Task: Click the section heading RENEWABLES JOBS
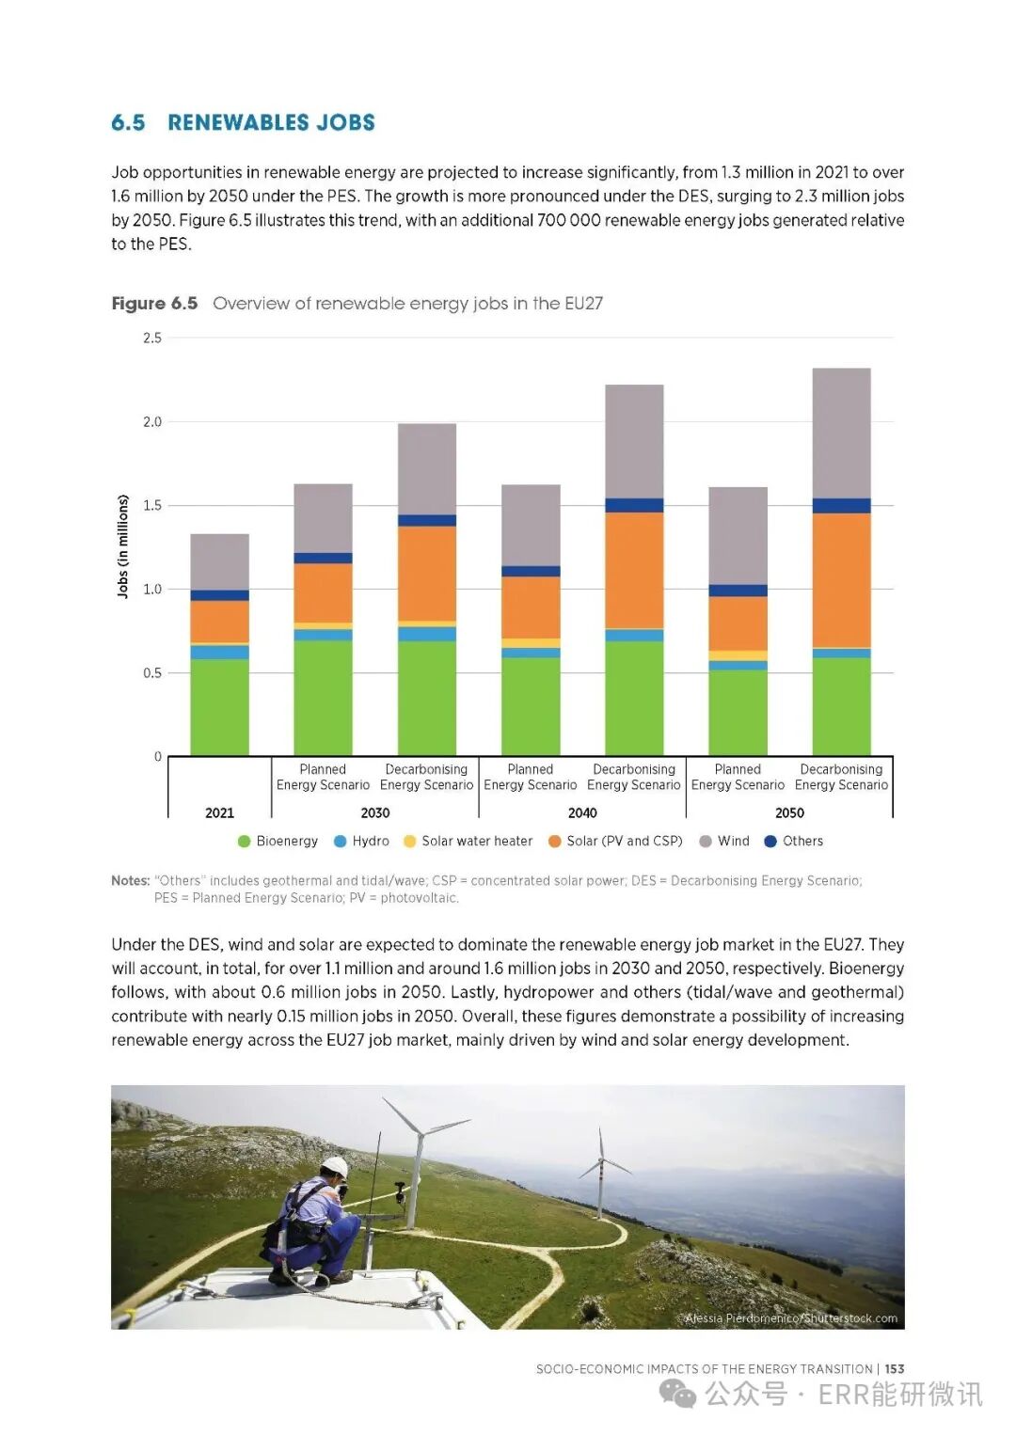[271, 122]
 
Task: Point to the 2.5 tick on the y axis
[152, 338]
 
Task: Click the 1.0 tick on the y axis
[152, 589]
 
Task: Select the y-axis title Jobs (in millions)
[122, 546]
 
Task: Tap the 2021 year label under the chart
[219, 812]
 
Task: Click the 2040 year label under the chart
[582, 812]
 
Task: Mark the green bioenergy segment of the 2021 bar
[219, 707]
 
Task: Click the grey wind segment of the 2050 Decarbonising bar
[841, 433]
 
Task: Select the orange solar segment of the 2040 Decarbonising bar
[634, 570]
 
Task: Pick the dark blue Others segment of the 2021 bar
[219, 595]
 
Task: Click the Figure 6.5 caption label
[154, 303]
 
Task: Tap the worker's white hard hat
[335, 1166]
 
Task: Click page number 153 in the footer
[895, 1369]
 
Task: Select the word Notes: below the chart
[131, 881]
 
